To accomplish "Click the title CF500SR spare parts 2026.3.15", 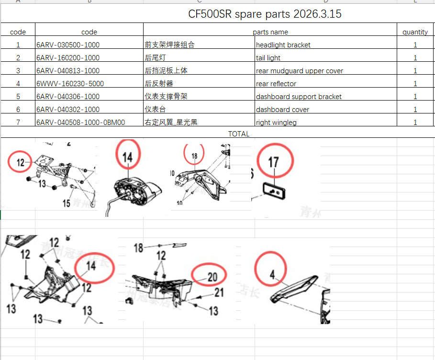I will click(x=265, y=14).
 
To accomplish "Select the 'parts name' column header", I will click(x=270, y=32).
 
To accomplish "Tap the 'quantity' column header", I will click(x=415, y=32).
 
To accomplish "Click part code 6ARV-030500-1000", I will click(x=68, y=45).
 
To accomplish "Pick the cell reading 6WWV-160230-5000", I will click(x=70, y=84).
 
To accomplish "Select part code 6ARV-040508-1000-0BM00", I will click(x=80, y=123).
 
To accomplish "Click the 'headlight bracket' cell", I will click(x=283, y=45).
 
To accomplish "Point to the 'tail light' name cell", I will click(x=268, y=58).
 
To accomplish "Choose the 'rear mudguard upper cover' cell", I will click(x=299, y=71).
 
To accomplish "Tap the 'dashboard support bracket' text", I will click(x=299, y=97).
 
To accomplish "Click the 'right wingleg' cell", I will click(x=276, y=123).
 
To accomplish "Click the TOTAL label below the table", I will click(x=238, y=134).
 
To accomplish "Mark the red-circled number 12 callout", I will click(x=21, y=163).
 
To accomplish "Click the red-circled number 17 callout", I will click(x=273, y=162).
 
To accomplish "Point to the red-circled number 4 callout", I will click(x=272, y=275).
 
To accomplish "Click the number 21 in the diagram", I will click(x=219, y=292).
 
